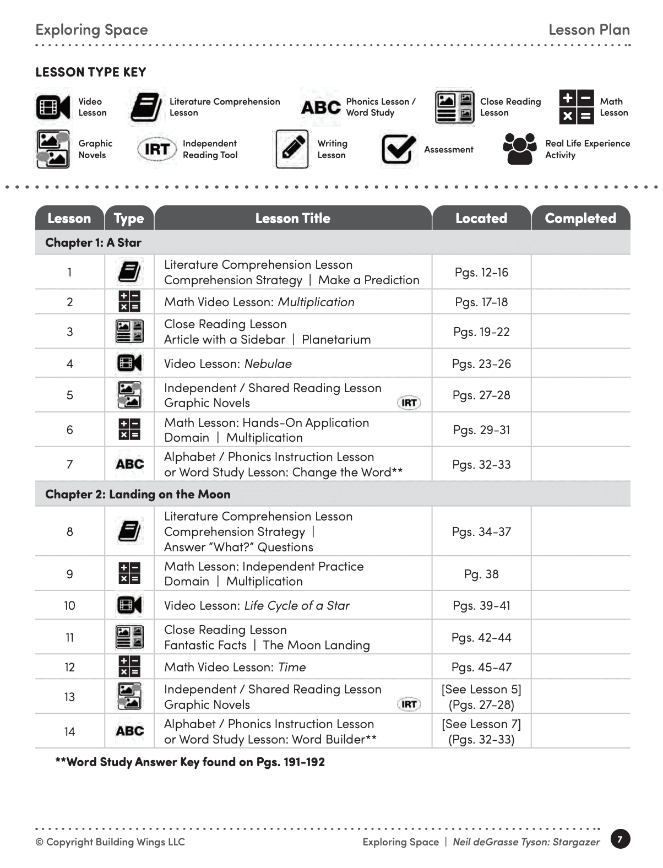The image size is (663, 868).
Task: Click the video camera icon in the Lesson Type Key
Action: click(53, 107)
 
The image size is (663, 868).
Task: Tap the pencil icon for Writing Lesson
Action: click(291, 149)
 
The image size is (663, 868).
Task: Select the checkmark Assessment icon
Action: click(398, 149)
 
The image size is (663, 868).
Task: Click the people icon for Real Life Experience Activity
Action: click(519, 149)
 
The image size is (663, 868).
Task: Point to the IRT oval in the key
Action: click(156, 149)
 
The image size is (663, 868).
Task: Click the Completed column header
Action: click(580, 218)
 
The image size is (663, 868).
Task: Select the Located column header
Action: click(481, 218)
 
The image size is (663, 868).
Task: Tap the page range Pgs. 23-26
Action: click(481, 364)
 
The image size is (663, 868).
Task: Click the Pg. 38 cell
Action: click(481, 574)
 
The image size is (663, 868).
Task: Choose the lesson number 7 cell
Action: click(70, 464)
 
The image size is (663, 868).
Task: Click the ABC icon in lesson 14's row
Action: click(129, 731)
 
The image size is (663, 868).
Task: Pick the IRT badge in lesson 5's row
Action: click(409, 403)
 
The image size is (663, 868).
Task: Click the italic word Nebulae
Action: click(268, 364)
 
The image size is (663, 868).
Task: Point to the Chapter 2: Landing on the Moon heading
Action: click(138, 494)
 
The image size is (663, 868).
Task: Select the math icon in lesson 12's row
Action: click(129, 666)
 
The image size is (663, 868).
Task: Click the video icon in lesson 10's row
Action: click(129, 605)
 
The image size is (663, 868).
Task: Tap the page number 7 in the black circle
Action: click(620, 839)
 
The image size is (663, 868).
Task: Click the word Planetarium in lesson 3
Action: click(336, 339)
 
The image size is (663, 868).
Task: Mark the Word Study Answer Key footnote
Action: click(190, 762)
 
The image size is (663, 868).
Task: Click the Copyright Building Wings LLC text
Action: click(110, 842)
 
